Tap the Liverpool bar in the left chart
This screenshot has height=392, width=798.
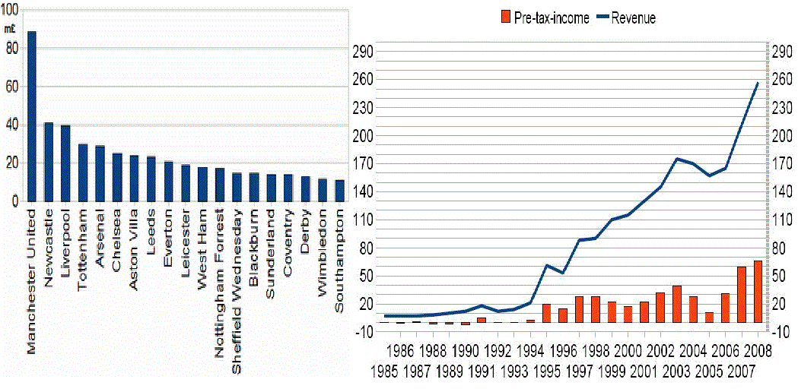pyautogui.click(x=65, y=163)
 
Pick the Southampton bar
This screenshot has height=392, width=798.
pyautogui.click(x=339, y=191)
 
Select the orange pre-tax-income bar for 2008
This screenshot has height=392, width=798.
pyautogui.click(x=758, y=292)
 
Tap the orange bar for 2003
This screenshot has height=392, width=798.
pyautogui.click(x=677, y=304)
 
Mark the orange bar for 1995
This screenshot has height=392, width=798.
pyautogui.click(x=546, y=313)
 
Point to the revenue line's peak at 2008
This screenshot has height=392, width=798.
pyautogui.click(x=758, y=82)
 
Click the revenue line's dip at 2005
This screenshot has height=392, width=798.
pyautogui.click(x=709, y=175)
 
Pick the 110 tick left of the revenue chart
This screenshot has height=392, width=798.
pyautogui.click(x=363, y=220)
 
